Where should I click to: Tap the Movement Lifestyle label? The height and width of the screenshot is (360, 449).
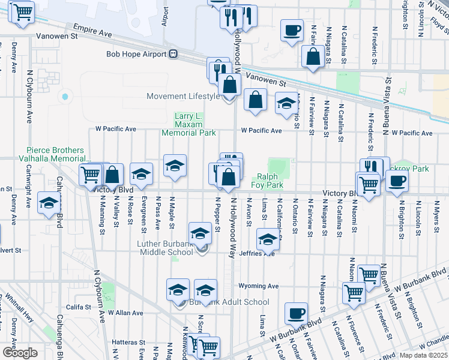point(184,97)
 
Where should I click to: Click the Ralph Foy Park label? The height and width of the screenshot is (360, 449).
point(270,181)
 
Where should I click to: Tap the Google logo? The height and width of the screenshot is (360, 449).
point(20,353)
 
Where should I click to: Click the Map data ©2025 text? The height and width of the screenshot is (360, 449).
point(424,355)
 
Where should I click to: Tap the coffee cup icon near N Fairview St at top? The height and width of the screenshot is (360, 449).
point(292,30)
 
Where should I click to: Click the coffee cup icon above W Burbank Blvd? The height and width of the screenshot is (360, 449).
point(296,313)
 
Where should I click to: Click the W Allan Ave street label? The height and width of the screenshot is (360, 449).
point(124,313)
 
